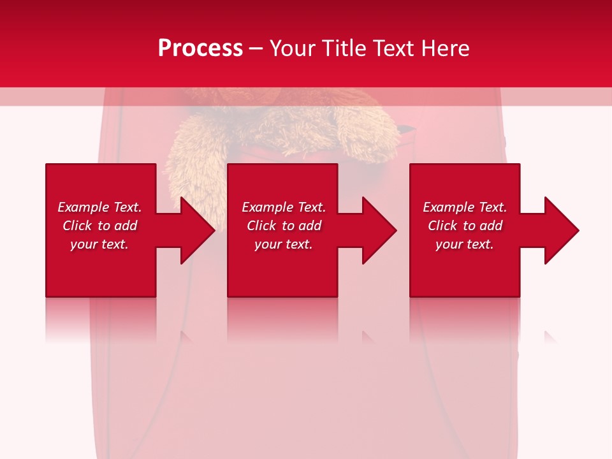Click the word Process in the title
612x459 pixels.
pos(200,48)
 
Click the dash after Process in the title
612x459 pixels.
pos(256,49)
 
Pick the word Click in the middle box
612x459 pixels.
pos(262,226)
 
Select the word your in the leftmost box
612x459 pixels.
pos(84,244)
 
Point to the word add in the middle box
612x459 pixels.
pos(309,226)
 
